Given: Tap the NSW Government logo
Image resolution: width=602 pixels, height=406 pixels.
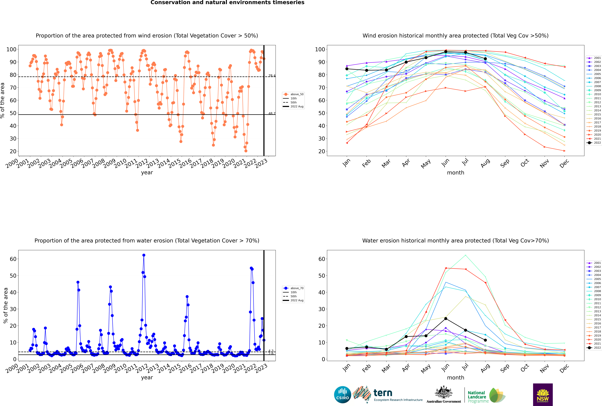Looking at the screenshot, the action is tap(543, 395).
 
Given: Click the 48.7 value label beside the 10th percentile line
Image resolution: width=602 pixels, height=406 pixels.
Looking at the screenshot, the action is tap(272, 113).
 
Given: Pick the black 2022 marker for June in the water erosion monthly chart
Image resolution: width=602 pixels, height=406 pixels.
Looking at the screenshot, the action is tap(446, 318).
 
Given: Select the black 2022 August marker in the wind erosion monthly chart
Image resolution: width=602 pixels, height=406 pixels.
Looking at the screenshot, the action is tap(485, 59).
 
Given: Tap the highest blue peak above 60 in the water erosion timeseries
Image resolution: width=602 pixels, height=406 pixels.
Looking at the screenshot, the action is tap(144, 255).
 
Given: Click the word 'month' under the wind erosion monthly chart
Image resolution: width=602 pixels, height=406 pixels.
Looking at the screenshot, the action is tap(455, 173).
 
